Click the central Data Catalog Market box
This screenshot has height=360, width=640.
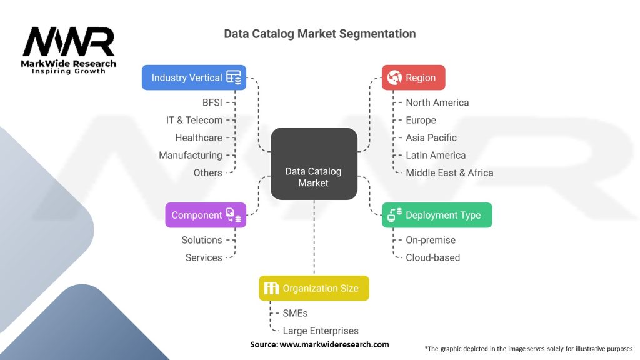tap(314, 164)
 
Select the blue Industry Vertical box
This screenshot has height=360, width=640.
tap(194, 77)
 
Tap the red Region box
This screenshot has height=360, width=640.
tap(413, 77)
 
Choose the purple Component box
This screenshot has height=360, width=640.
tap(206, 215)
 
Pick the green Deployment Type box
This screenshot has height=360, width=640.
tap(437, 215)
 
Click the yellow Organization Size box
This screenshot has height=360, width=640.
tap(314, 288)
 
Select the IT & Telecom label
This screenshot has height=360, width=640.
tap(194, 120)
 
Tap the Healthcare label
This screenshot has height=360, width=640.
tap(198, 137)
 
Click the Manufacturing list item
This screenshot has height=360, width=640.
tap(190, 155)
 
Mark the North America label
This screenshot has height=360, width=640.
tap(437, 102)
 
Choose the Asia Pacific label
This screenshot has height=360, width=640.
tap(431, 137)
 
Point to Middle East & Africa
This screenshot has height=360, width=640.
tap(449, 172)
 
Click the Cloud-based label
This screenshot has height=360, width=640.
tap(432, 257)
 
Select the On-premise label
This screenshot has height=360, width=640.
tap(431, 240)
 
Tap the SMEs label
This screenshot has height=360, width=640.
tap(295, 313)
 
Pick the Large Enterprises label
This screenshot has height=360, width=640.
tap(321, 331)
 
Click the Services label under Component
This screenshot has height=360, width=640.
tap(204, 257)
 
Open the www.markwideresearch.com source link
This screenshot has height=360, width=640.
tap(334, 344)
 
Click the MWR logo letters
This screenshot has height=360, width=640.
tap(69, 42)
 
